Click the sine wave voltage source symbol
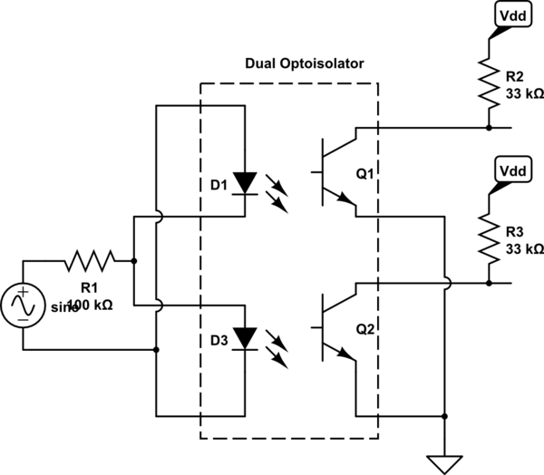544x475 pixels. [x=23, y=305]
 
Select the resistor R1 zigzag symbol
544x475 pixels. [x=90, y=261]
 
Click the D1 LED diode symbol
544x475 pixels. [x=246, y=181]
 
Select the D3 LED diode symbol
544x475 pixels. [x=246, y=337]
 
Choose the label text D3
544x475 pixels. [x=218, y=343]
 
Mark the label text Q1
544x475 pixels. [x=365, y=176]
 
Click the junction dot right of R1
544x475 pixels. [x=134, y=261]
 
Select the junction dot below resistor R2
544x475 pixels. [x=489, y=128]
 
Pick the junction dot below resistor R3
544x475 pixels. [x=489, y=283]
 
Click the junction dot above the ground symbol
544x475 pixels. [x=445, y=418]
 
